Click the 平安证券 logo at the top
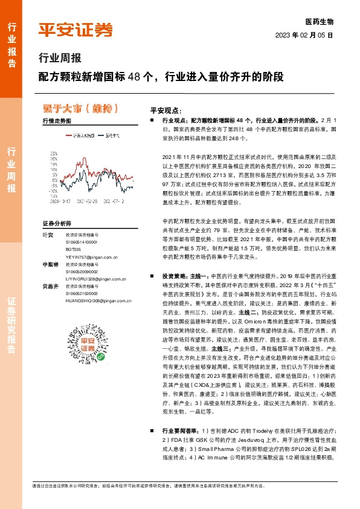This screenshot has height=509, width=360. point(76,29)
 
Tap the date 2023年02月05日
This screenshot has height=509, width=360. point(305,35)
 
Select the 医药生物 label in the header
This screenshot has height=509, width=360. point(320,21)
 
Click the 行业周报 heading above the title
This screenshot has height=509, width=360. point(59,59)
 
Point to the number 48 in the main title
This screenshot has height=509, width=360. point(140,78)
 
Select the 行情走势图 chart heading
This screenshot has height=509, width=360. point(57,121)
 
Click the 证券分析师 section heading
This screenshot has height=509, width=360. point(57,223)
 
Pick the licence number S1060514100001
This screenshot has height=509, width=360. point(81,241)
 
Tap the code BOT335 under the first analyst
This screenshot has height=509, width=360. point(74,248)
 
